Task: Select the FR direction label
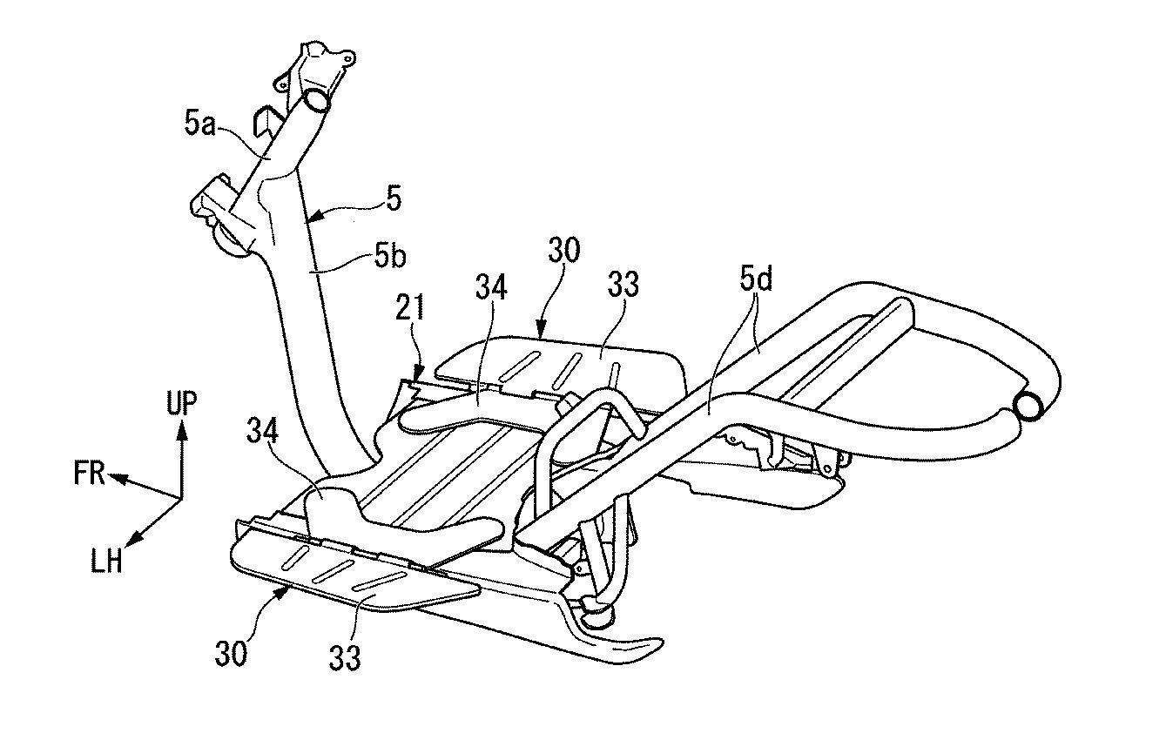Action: coord(90,474)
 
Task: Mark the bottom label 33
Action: coord(344,657)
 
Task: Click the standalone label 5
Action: coord(394,199)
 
